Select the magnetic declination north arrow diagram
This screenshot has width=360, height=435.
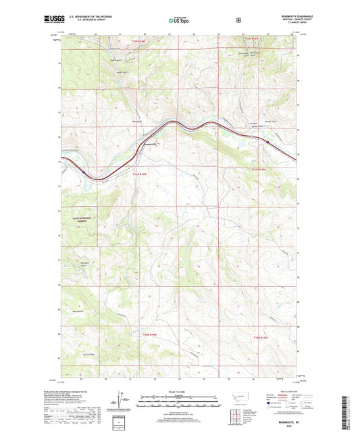click(x=123, y=401)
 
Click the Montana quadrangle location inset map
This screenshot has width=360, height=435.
click(x=241, y=400)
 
